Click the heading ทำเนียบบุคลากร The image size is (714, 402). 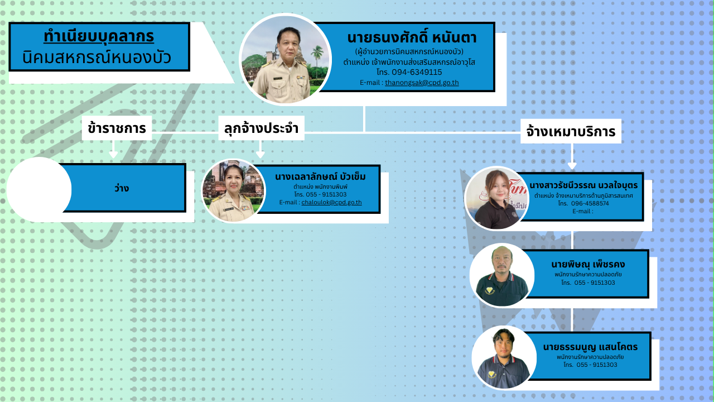pyautogui.click(x=99, y=36)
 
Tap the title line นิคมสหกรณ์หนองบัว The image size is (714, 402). pyautogui.click(x=97, y=58)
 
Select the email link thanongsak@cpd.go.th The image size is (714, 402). pyautogui.click(x=422, y=83)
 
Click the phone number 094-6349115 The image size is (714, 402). pyautogui.click(x=417, y=72)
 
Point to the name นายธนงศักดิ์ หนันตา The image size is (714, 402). pyautogui.click(x=412, y=38)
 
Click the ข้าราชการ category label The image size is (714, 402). pyautogui.click(x=117, y=128)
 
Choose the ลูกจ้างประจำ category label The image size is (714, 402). pyautogui.click(x=261, y=128)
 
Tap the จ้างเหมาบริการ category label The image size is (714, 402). pyautogui.click(x=571, y=131)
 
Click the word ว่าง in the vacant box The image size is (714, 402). pyautogui.click(x=122, y=188)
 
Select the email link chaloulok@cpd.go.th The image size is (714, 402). pyautogui.click(x=331, y=202)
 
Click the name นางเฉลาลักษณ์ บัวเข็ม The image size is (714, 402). pyautogui.click(x=320, y=176)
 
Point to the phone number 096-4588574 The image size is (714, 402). pyautogui.click(x=590, y=204)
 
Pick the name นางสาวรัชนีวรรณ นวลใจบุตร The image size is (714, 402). pyautogui.click(x=583, y=185)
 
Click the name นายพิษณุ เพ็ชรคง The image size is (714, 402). pyautogui.click(x=588, y=265)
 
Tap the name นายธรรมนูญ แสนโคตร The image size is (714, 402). pyautogui.click(x=590, y=347)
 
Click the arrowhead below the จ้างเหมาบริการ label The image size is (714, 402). pyautogui.click(x=572, y=166)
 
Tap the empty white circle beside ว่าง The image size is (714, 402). pyautogui.click(x=39, y=189)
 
